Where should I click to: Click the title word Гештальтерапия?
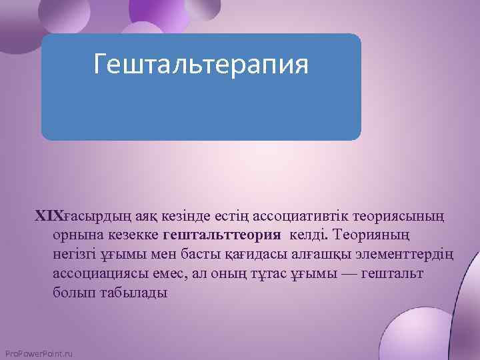201,65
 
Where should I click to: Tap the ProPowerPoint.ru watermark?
39,353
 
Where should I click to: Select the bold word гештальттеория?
221,235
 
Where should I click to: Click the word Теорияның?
375,235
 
